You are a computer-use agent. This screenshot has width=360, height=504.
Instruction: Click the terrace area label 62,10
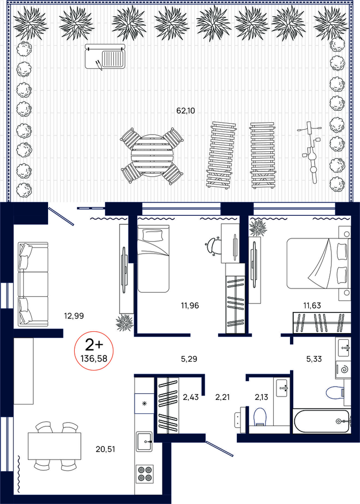(x=185, y=111)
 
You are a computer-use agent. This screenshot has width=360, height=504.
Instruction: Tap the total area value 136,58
(x=94, y=358)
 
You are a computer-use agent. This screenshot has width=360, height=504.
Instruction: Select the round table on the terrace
(x=152, y=156)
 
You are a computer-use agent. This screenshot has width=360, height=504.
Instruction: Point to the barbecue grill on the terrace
(x=105, y=57)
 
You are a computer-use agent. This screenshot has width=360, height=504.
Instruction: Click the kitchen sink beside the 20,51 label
(x=144, y=442)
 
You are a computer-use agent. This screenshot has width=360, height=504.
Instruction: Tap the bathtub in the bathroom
(x=321, y=421)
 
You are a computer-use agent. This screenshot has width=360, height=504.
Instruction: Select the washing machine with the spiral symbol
(x=343, y=369)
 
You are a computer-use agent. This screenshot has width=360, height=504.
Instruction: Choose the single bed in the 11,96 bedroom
(x=153, y=258)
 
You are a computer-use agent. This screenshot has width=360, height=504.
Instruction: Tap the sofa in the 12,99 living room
(x=33, y=284)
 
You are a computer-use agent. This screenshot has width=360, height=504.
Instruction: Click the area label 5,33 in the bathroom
(x=314, y=359)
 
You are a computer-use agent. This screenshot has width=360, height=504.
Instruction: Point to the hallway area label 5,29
(x=189, y=359)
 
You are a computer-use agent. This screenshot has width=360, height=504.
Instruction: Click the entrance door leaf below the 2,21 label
(x=219, y=448)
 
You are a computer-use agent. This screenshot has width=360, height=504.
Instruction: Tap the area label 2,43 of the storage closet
(x=191, y=398)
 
